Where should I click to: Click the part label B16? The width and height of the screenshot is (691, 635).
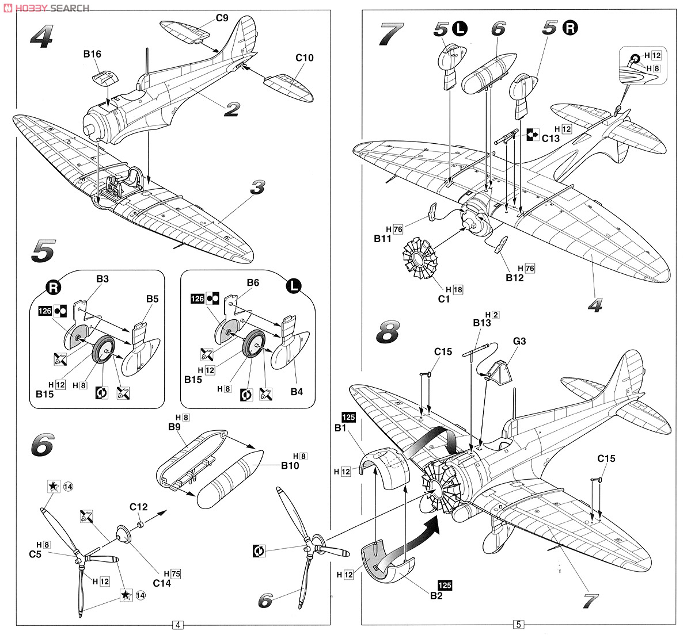click(x=92, y=55)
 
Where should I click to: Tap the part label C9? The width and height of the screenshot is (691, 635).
click(x=222, y=18)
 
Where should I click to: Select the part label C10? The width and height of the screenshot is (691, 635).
click(x=305, y=58)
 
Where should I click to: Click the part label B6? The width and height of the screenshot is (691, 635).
click(x=253, y=282)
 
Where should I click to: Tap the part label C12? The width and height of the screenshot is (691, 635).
click(x=139, y=507)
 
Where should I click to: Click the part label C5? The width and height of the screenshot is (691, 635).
click(x=36, y=554)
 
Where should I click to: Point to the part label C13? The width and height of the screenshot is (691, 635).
click(x=550, y=138)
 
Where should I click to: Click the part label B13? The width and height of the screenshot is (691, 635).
click(x=482, y=323)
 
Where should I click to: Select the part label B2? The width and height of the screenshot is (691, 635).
click(x=436, y=595)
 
